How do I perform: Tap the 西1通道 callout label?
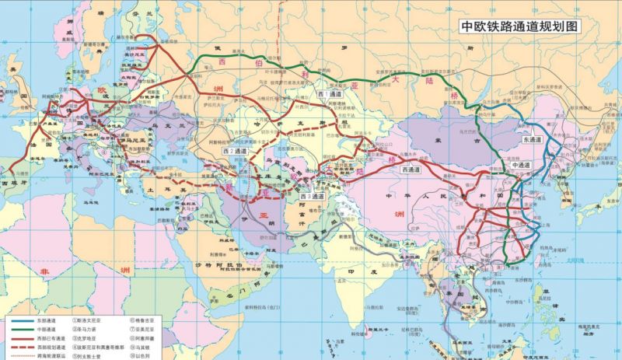coord(329,93)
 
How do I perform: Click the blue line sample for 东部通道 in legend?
coord(25,319)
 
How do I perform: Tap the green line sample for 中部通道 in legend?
coord(25,327)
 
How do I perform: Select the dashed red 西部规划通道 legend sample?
coord(25,344)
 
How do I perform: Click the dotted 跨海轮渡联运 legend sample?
coord(25,353)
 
